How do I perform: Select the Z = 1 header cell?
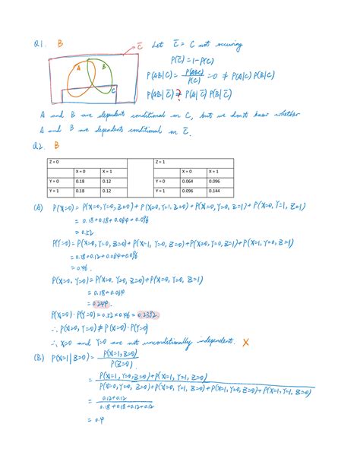pyautogui.click(x=161, y=162)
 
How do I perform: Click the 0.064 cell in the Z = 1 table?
pyautogui.click(x=189, y=182)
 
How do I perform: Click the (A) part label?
pyautogui.click(x=37, y=207)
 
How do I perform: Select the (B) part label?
pyautogui.click(x=37, y=356)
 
